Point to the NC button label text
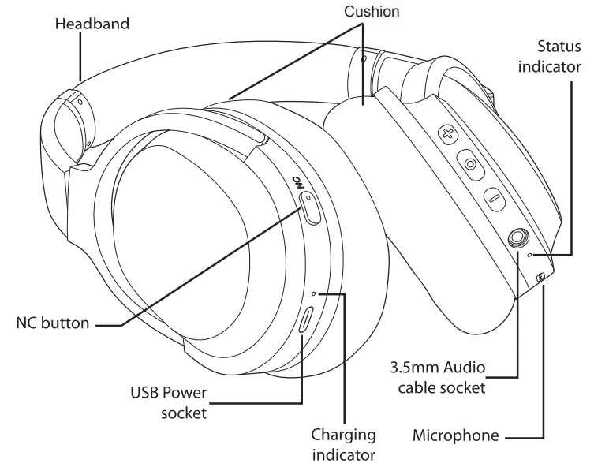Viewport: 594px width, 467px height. coord(52,323)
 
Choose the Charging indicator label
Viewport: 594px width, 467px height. coord(343,444)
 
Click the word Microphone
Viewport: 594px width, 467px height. coord(456,435)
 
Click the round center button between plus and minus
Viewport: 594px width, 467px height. coord(471,165)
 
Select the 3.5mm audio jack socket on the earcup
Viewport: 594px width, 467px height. coord(519,236)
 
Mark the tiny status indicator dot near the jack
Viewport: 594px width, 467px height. coord(530,256)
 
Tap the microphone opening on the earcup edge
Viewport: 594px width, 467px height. coord(540,277)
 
